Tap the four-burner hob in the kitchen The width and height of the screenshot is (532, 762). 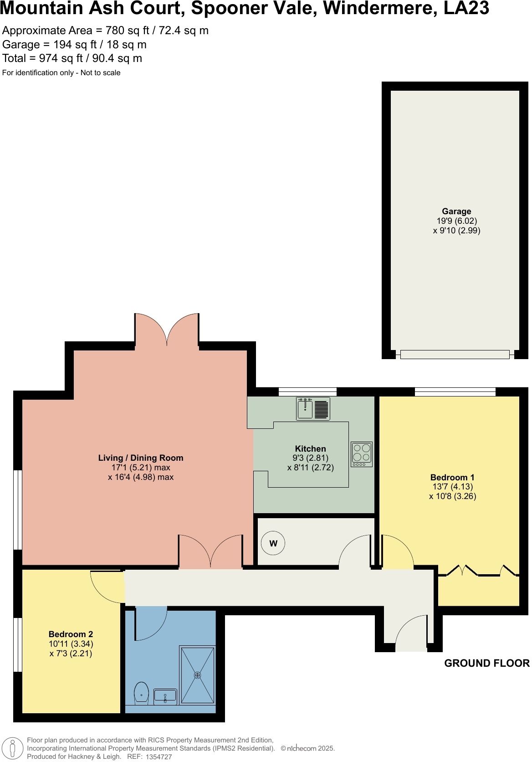362,454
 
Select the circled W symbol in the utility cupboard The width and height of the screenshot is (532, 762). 273,543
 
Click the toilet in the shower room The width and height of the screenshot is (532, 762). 142,693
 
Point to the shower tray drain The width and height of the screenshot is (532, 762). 197,675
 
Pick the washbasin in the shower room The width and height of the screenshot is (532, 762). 165,696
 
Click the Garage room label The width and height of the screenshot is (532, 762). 456,211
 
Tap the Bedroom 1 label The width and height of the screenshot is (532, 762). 452,478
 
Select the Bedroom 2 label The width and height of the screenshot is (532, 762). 71,634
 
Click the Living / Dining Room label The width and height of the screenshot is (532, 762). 141,458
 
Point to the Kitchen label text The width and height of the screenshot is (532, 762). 311,449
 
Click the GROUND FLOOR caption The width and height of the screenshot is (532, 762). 486,664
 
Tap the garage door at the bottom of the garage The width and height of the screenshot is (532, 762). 455,355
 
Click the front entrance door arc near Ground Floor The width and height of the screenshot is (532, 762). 411,633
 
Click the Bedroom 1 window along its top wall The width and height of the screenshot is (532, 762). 455,391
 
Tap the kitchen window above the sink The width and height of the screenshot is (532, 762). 307,391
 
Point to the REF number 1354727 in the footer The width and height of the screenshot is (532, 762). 159,757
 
